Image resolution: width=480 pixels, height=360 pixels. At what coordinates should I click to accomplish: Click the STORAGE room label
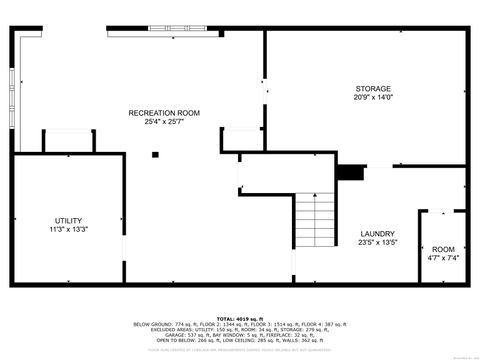[372, 89]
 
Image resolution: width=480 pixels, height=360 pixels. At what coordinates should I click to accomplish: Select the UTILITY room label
[68, 220]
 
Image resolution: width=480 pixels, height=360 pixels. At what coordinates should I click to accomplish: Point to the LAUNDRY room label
[378, 233]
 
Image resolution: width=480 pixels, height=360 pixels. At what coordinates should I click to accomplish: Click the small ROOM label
[443, 249]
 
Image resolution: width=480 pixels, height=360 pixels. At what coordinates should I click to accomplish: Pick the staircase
[314, 219]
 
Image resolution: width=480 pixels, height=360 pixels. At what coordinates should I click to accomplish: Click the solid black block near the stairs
[350, 172]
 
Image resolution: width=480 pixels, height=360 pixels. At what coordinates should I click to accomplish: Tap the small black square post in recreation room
[155, 154]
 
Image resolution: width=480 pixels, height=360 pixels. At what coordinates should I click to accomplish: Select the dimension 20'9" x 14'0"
[373, 97]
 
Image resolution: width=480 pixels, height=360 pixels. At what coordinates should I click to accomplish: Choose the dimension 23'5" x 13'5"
[378, 242]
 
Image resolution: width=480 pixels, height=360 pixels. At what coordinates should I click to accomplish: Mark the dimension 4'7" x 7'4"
[443, 258]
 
